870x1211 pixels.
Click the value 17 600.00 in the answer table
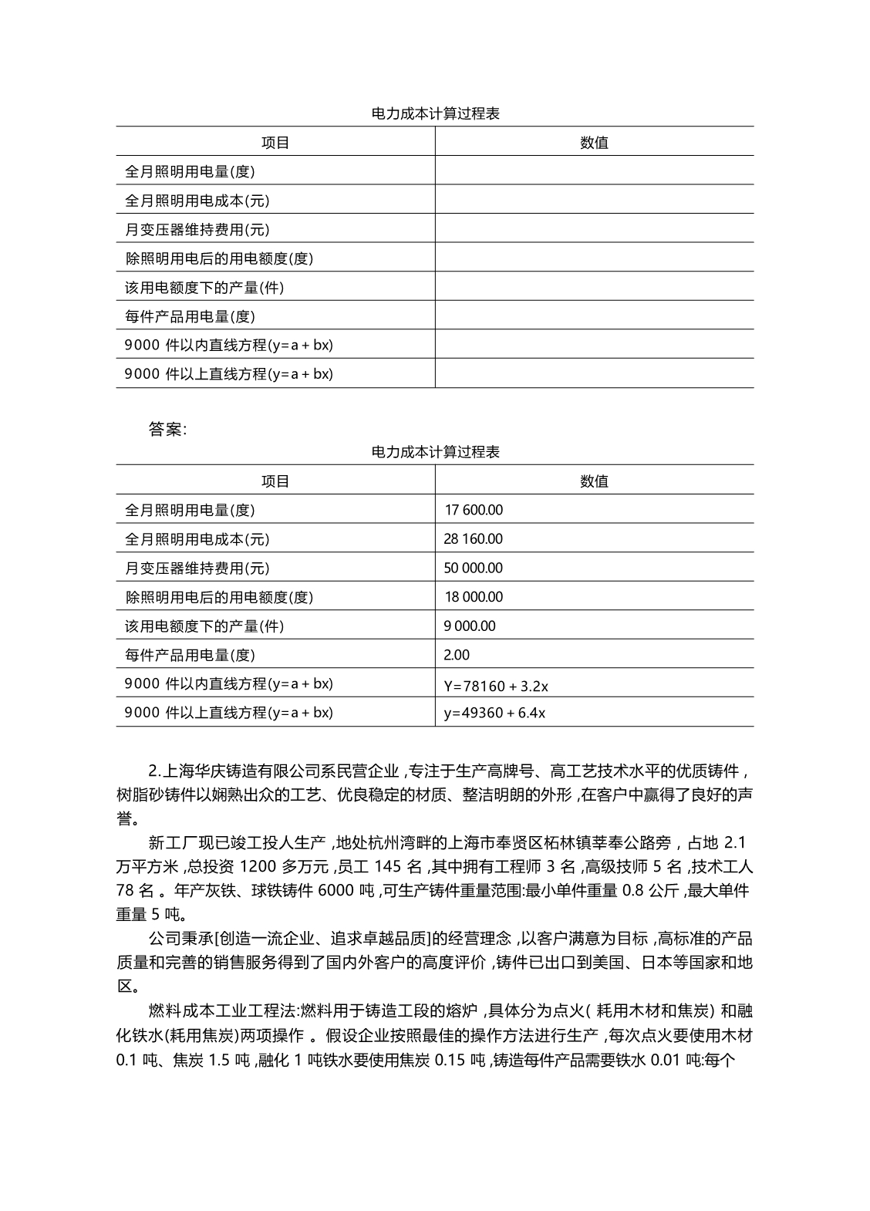tap(474, 510)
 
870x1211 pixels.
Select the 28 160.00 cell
tap(473, 539)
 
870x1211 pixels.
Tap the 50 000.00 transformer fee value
tap(473, 568)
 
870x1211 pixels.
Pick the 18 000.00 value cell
tap(473, 597)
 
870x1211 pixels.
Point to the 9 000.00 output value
tap(469, 626)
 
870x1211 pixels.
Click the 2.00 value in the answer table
tap(457, 655)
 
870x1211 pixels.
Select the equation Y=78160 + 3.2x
tap(496, 685)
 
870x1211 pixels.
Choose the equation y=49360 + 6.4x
tap(494, 713)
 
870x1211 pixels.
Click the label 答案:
tap(167, 430)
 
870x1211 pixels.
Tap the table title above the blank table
tap(435, 113)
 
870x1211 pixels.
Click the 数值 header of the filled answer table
tap(594, 481)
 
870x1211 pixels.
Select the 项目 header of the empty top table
tap(275, 143)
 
